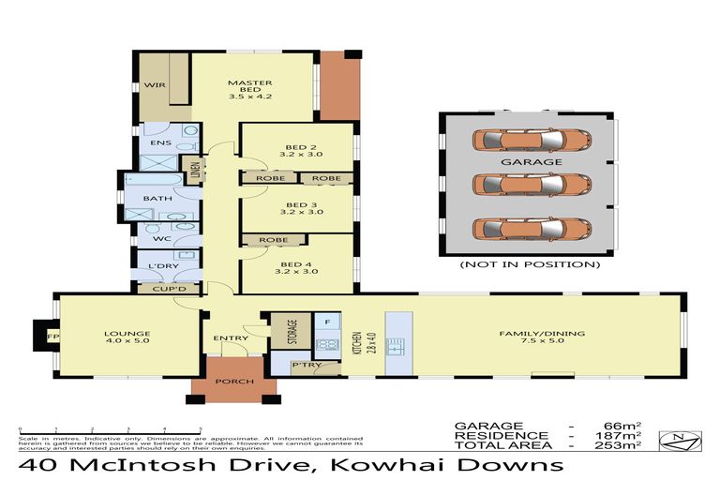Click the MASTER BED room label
coord(249,89)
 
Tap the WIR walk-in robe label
coord(155,86)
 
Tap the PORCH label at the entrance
coord(229,382)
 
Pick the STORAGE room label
coord(291,331)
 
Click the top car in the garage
coord(532,141)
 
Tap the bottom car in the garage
coord(532,228)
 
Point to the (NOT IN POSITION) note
coord(529,265)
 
